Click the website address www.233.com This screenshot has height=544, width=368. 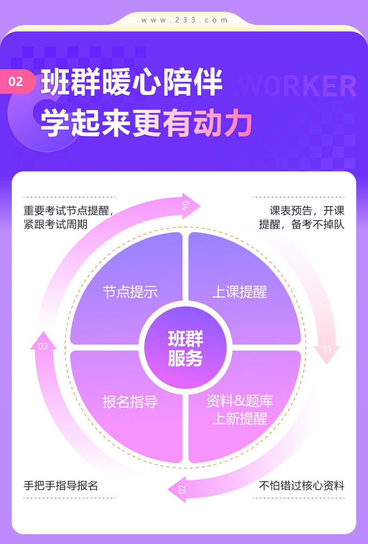[x=184, y=20]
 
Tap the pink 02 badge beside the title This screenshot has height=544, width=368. [x=17, y=82]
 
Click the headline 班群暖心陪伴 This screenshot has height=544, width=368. [x=131, y=82]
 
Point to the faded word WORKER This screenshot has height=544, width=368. [x=298, y=86]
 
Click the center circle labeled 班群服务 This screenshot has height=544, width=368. [x=185, y=348]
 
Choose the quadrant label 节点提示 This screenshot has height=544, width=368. [x=130, y=292]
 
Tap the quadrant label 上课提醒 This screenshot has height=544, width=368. [x=239, y=292]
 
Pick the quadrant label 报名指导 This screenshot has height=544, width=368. [x=130, y=402]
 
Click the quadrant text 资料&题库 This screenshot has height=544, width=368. [x=239, y=401]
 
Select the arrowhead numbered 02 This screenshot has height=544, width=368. [x=177, y=489]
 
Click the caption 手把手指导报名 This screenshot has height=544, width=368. [x=61, y=486]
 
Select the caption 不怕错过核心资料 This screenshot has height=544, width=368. [x=302, y=486]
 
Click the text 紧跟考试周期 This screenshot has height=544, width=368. [x=55, y=224]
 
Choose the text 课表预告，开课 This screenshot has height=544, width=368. [x=307, y=211]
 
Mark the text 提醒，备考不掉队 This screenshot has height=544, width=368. [x=302, y=224]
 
